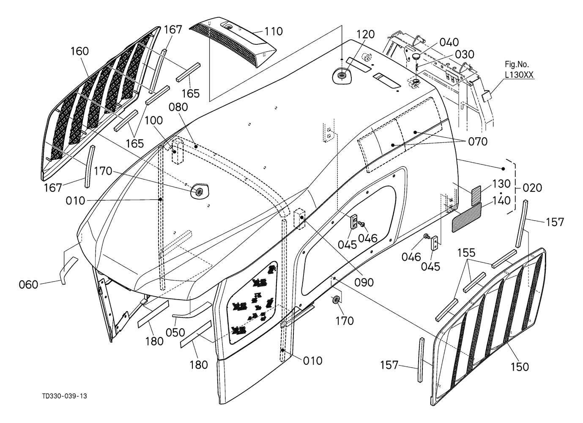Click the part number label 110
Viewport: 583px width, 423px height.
pos(274,31)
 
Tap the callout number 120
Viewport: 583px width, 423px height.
pos(365,34)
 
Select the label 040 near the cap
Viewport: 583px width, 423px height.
pos(449,42)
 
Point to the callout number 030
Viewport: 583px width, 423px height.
pos(465,55)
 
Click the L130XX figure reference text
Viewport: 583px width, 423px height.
pos(519,75)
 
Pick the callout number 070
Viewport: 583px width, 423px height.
pos(478,142)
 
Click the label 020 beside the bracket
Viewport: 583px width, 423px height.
pos(532,188)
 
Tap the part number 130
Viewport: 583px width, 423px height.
pos(501,184)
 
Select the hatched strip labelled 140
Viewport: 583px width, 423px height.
pos(467,218)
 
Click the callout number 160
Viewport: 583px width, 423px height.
pos(79,51)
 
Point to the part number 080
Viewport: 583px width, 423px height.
pos(178,107)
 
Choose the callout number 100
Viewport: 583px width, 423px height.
pos(153,120)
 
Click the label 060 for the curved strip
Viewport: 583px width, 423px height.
pos(28,284)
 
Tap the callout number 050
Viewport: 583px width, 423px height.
pos(175,333)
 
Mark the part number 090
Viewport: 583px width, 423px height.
pos(364,282)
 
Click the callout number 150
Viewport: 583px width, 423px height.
pos(520,367)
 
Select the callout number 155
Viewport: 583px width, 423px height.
pos(466,253)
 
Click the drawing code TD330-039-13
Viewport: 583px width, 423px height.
pos(65,396)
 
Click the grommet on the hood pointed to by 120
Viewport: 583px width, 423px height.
pos(341,76)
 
